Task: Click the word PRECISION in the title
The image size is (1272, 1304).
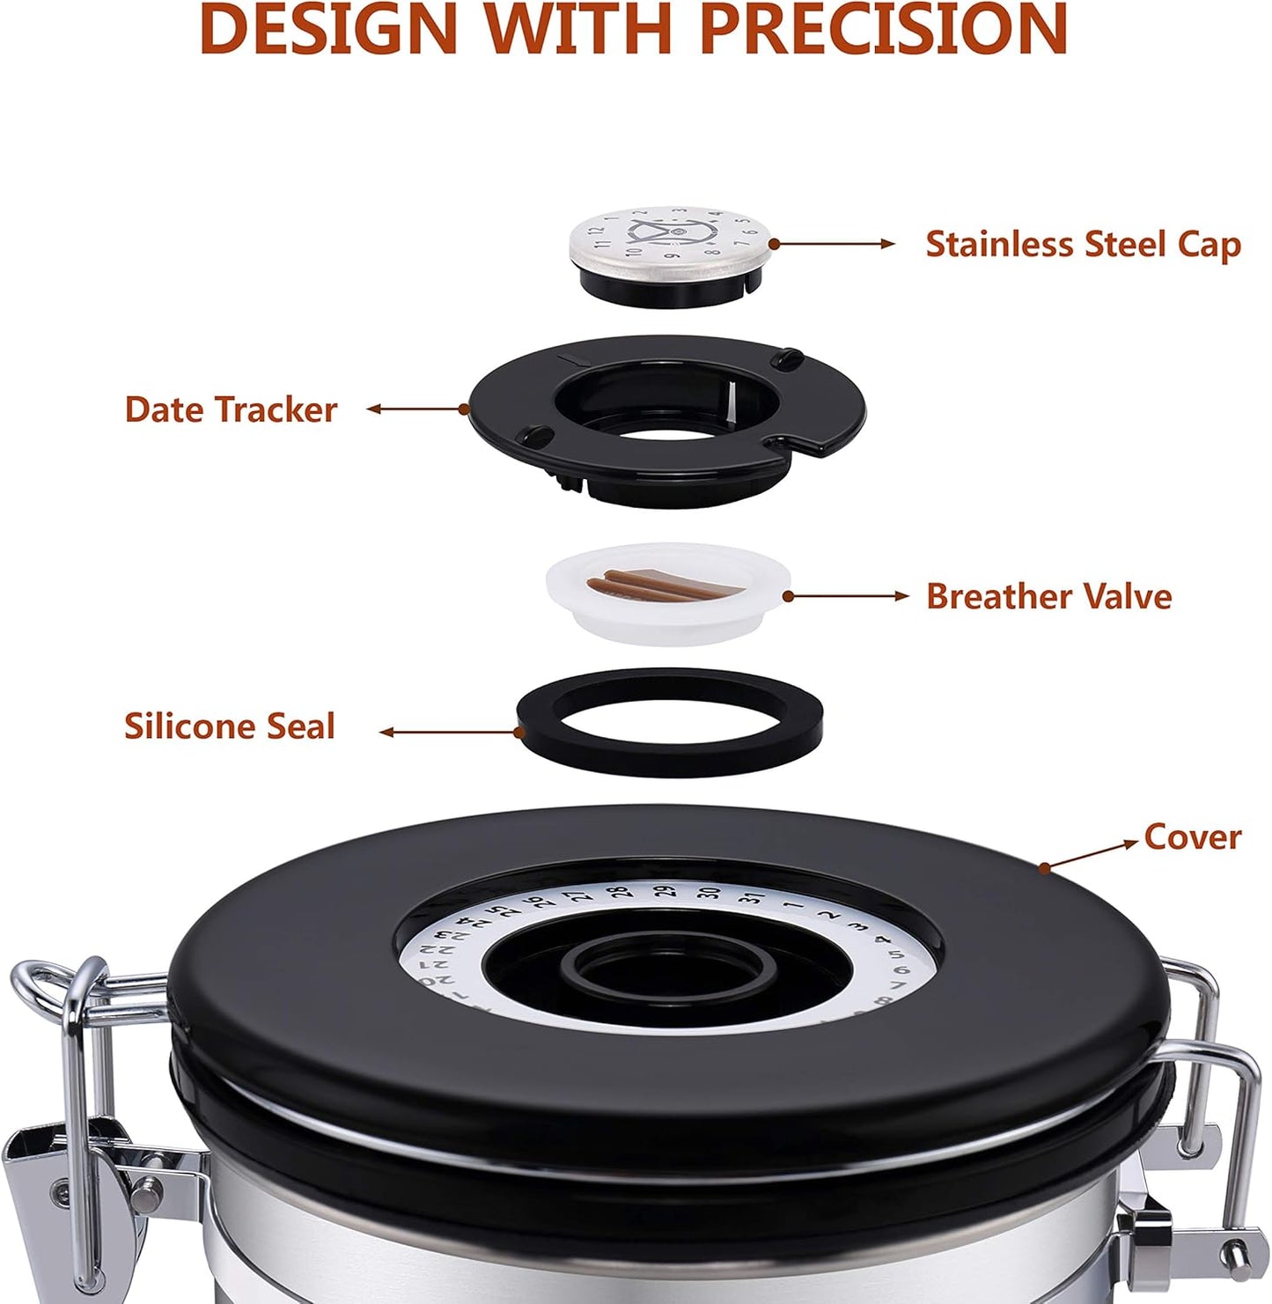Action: click(883, 28)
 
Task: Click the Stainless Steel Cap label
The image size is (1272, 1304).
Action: click(1083, 245)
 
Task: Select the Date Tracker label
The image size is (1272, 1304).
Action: click(231, 409)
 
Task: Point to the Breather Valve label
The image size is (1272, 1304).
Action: click(1048, 597)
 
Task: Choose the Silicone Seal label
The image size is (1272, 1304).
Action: click(229, 726)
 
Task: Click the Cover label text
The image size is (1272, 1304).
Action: click(1192, 836)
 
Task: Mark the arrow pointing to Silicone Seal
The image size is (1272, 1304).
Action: click(449, 731)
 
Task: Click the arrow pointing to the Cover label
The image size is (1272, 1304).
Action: click(1092, 854)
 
